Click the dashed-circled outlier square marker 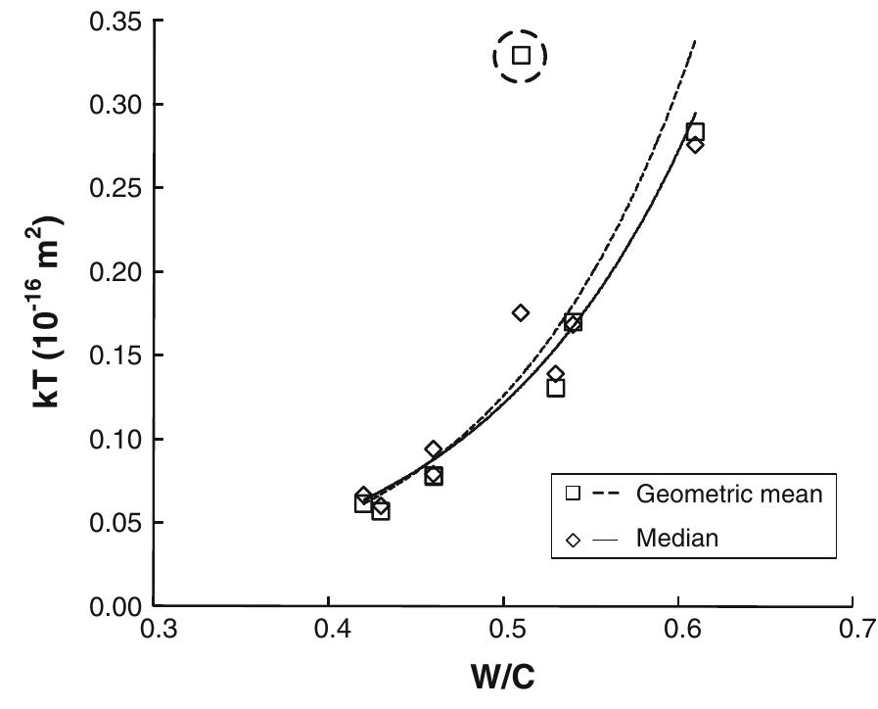[x=521, y=56]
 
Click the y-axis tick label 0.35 [x=114, y=21]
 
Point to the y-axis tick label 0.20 [x=114, y=271]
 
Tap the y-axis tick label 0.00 [x=114, y=606]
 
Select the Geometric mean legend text [x=729, y=495]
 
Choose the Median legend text [x=677, y=538]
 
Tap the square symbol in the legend [x=574, y=495]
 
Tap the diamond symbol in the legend [x=574, y=538]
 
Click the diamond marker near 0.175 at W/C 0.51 [x=521, y=312]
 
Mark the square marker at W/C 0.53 [x=556, y=388]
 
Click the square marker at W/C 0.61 [x=695, y=132]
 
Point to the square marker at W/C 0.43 [x=381, y=510]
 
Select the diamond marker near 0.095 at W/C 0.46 [x=434, y=449]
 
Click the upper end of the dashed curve [x=695, y=40]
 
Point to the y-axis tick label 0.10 [x=114, y=439]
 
